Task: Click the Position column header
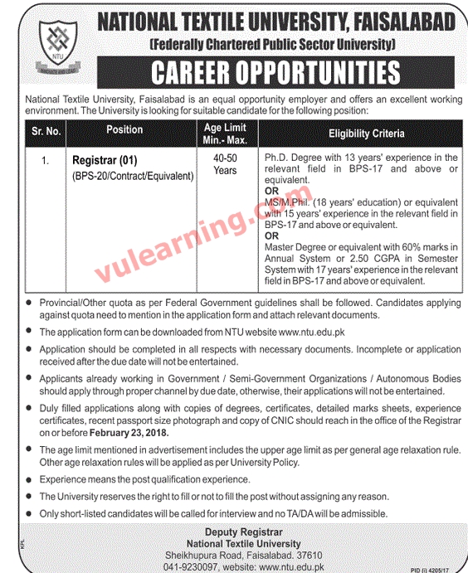coord(124,130)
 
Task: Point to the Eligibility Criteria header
coord(366,133)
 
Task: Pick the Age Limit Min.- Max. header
coord(225,133)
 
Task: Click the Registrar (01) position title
coord(103,159)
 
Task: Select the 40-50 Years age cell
coord(225,163)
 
